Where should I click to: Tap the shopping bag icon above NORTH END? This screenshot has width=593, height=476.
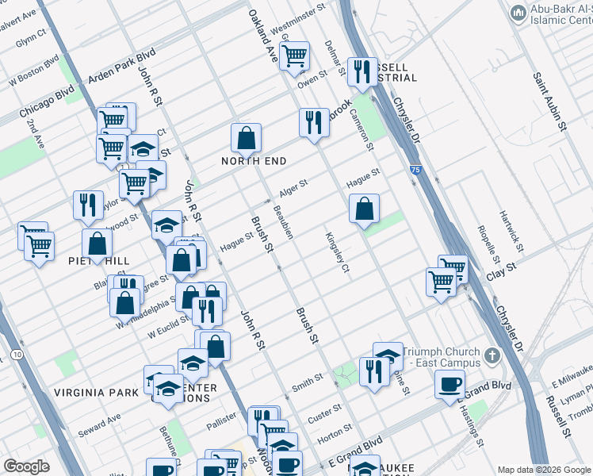pos(247,138)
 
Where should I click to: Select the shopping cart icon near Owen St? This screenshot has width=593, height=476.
pos(294,56)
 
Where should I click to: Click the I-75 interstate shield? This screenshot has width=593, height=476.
pos(416,170)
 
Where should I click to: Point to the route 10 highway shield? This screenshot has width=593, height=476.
pos(17,353)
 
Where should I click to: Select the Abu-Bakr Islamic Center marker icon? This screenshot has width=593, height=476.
pos(518,13)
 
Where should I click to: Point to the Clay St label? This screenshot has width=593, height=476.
pos(501,267)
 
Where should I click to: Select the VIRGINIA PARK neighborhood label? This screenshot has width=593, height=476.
pos(91,393)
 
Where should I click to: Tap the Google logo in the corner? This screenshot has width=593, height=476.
pos(27,466)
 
